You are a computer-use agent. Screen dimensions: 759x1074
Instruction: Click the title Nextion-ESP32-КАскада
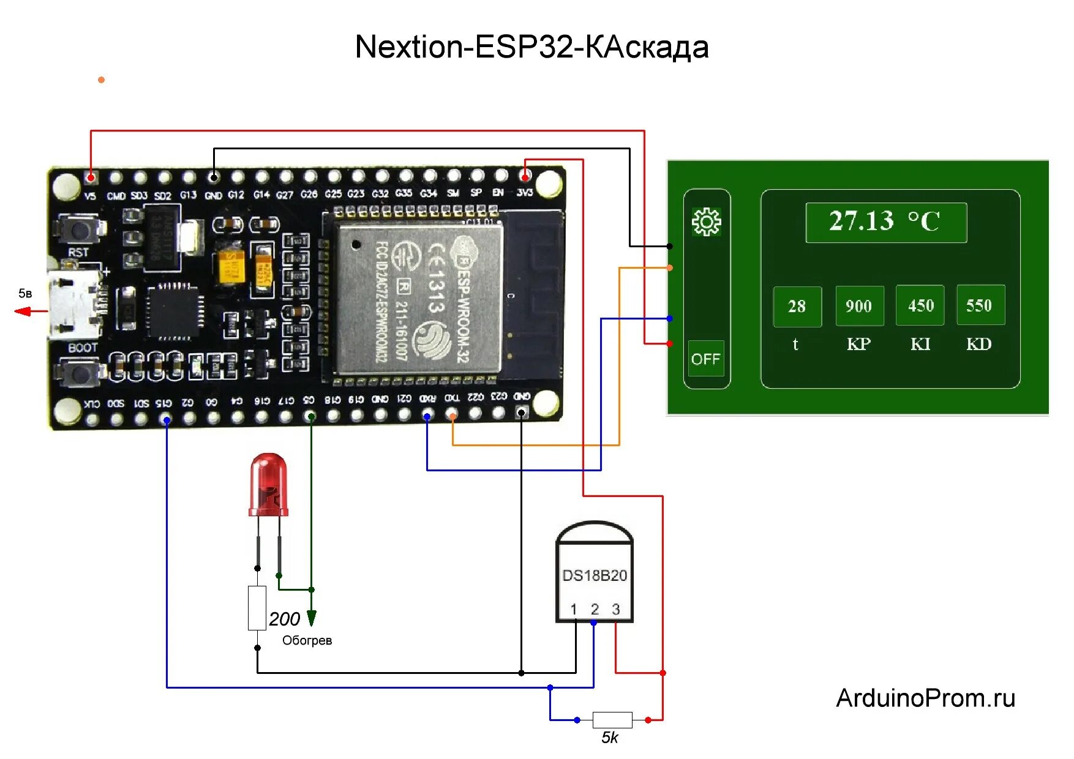coord(531,47)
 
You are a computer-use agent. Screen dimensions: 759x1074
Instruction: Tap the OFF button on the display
coord(705,359)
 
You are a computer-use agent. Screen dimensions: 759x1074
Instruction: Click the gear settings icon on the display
coord(706,222)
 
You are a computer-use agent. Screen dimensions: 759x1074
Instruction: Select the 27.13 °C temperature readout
coord(885,222)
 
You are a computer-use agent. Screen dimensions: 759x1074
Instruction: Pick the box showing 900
coord(859,305)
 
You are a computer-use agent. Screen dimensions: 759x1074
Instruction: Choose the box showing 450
coord(920,305)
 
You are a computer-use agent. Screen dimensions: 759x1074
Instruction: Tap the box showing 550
coord(980,305)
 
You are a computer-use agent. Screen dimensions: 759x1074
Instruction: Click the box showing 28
coord(797,306)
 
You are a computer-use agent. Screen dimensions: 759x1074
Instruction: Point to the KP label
coord(858,344)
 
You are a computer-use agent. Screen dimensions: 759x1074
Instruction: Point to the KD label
coord(978,344)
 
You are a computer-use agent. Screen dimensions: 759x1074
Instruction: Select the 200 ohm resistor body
coord(257,608)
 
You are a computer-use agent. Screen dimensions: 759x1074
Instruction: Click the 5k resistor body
coord(612,720)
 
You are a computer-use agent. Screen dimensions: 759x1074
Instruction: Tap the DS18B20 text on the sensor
coord(594,575)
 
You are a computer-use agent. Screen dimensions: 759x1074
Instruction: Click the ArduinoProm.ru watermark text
coord(925,698)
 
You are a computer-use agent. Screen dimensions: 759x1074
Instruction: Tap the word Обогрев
coord(307,640)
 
